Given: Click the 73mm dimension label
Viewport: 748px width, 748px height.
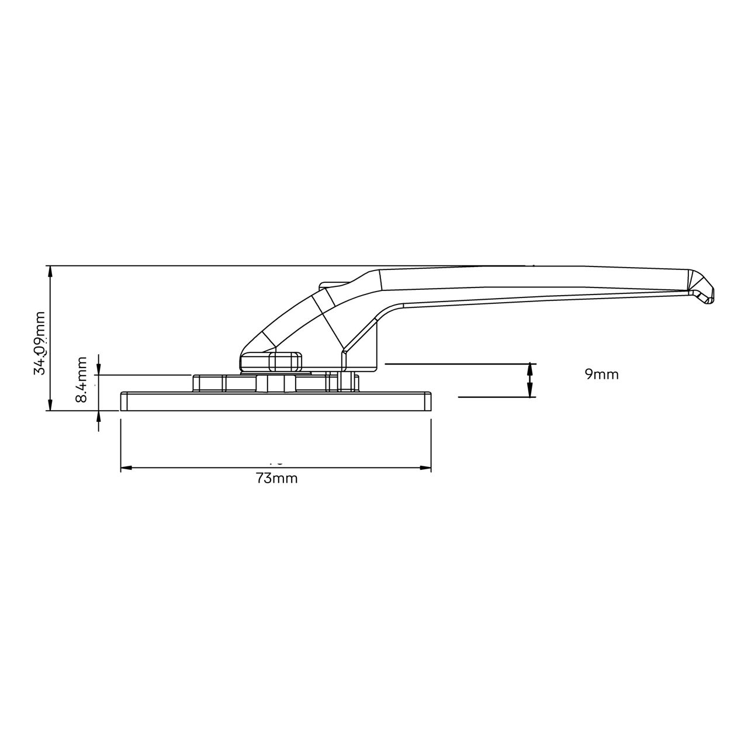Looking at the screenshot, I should coord(277,479).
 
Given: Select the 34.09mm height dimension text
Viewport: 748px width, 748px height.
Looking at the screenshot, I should coord(40,342).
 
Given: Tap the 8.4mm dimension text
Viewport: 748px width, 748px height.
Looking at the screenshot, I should coord(82,379).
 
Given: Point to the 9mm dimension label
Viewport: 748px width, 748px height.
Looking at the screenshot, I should coord(601,375).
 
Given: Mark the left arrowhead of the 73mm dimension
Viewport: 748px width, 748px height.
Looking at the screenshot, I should coord(125,468).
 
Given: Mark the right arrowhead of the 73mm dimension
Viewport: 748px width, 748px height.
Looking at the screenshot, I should coord(426,468).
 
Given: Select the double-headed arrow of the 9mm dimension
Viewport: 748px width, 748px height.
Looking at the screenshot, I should coord(531,380).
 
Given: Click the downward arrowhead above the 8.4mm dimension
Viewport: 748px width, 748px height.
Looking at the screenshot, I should coord(99,369).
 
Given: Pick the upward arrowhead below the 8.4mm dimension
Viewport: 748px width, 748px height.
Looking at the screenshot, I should coord(99,416).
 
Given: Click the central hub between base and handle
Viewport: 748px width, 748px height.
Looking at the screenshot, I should coord(277,383).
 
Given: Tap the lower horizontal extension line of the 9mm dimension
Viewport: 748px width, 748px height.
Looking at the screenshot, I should coord(494,397).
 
